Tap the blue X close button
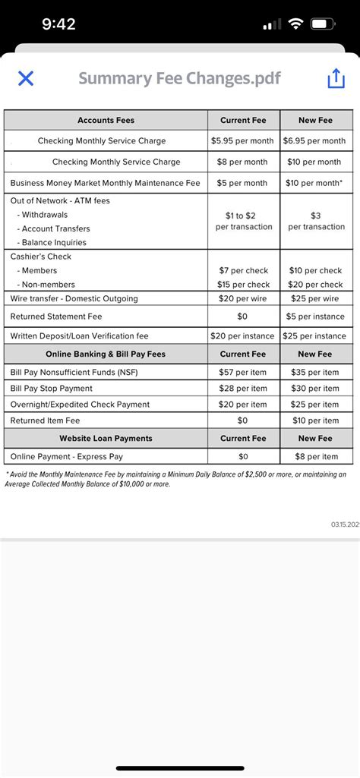pos(25,78)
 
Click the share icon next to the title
pos(336,79)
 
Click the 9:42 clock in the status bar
pos(58,24)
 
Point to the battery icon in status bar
pos(324,24)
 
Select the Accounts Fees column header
pos(106,120)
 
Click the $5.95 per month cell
pos(243,140)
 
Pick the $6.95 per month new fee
pos(314,140)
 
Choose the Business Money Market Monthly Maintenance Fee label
pos(105,183)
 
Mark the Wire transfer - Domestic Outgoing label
pos(74,298)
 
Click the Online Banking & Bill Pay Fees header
pos(106,354)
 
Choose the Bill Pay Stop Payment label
pos(52,389)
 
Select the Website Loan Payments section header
pos(106,438)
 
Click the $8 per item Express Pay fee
pos(314,456)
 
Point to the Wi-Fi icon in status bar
pos(295,24)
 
